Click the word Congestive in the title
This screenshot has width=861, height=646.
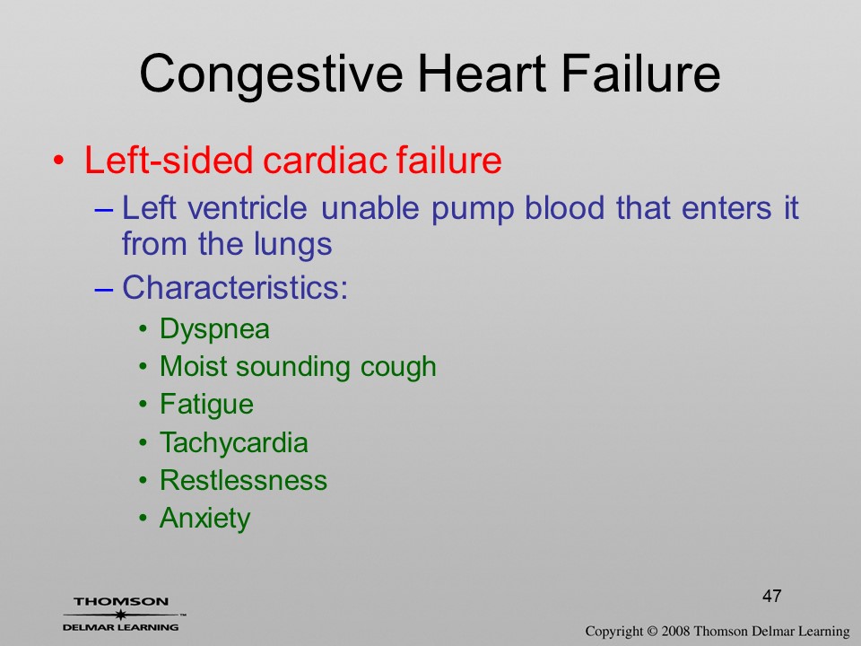[x=271, y=75]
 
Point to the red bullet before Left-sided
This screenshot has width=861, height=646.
[x=59, y=161]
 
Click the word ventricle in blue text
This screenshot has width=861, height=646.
[x=247, y=208]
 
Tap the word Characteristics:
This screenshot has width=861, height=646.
[x=235, y=287]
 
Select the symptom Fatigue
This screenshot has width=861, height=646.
[x=206, y=406]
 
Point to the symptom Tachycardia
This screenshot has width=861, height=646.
[x=234, y=442]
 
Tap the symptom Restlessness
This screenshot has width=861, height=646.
[x=243, y=480]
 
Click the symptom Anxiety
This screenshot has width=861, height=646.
[x=204, y=519]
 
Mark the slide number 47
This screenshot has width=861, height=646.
[x=772, y=596]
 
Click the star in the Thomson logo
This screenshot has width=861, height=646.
[x=120, y=614]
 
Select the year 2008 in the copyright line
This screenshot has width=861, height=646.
[x=675, y=631]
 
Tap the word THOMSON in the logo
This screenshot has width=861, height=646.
[x=121, y=601]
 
